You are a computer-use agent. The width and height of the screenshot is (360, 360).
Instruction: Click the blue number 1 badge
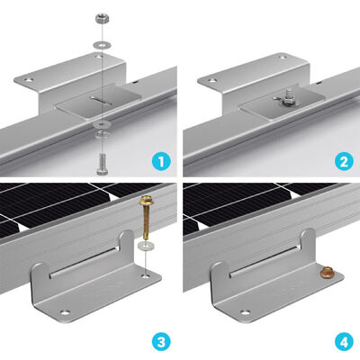(161, 161)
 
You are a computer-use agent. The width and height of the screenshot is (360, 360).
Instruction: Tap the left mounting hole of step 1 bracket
(31, 82)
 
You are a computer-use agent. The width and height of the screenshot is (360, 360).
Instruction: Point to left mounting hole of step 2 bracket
(211, 82)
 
